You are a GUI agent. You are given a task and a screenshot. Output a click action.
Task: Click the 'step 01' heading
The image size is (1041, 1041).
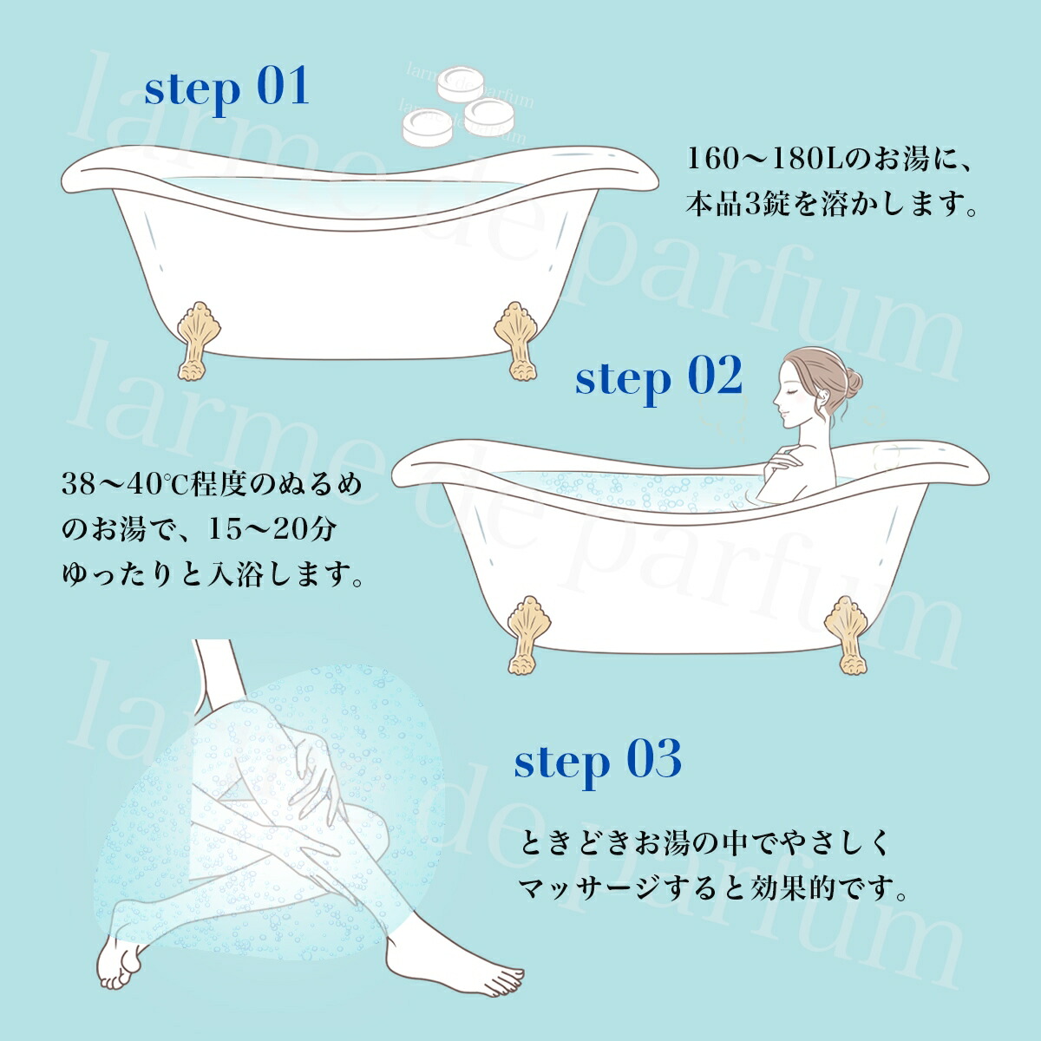pyautogui.click(x=226, y=89)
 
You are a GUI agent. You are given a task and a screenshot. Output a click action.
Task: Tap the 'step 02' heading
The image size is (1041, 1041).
pyautogui.click(x=658, y=378)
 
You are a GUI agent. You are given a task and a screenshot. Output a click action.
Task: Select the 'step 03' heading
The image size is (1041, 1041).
pyautogui.click(x=598, y=761)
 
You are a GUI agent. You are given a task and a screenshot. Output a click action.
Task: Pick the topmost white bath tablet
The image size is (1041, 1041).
pyautogui.click(x=460, y=83)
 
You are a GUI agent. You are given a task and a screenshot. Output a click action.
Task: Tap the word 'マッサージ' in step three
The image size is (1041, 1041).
pyautogui.click(x=591, y=888)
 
